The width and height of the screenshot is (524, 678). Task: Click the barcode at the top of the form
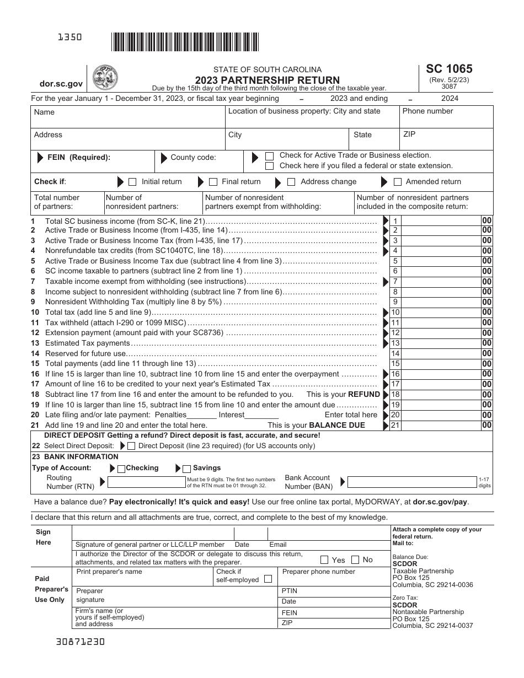[185, 42]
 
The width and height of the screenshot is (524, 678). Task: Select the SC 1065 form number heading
[449, 69]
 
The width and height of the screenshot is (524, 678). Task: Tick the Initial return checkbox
[132, 182]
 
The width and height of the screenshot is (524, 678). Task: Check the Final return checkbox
[213, 182]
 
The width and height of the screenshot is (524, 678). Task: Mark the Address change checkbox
[291, 182]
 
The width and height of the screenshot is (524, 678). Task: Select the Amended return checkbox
[397, 182]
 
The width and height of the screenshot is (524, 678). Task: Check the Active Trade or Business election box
[270, 156]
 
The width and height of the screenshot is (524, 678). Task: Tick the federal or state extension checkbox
[270, 166]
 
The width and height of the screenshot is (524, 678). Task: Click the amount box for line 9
[441, 302]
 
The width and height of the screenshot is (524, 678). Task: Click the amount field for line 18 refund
[441, 395]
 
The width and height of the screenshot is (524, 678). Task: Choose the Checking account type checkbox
[121, 469]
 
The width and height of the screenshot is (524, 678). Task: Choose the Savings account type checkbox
[186, 469]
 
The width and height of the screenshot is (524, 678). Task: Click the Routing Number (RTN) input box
[147, 482]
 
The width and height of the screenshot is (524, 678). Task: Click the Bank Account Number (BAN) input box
[412, 482]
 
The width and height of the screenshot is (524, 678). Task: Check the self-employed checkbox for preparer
[268, 579]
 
